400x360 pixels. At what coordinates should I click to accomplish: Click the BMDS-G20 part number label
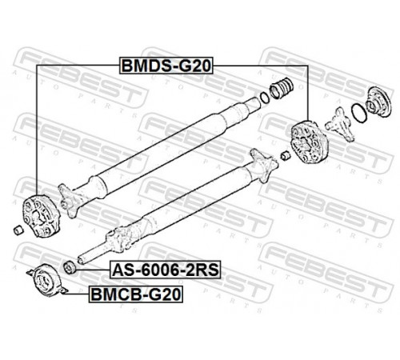pyautogui.click(x=166, y=66)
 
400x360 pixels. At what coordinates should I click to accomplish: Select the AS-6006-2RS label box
pyautogui.click(x=166, y=270)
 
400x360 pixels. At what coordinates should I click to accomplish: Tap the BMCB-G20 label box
pyautogui.click(x=136, y=294)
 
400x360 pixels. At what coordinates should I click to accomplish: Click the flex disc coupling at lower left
pyautogui.click(x=41, y=216)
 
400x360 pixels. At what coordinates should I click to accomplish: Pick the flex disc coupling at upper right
pyautogui.click(x=310, y=142)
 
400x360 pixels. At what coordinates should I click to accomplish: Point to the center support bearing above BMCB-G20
pyautogui.click(x=47, y=280)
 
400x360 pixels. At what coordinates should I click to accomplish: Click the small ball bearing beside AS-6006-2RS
pyautogui.click(x=70, y=267)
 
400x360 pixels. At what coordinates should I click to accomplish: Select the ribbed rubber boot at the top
pyautogui.click(x=282, y=88)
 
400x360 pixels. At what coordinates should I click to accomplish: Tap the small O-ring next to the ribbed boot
pyautogui.click(x=265, y=98)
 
